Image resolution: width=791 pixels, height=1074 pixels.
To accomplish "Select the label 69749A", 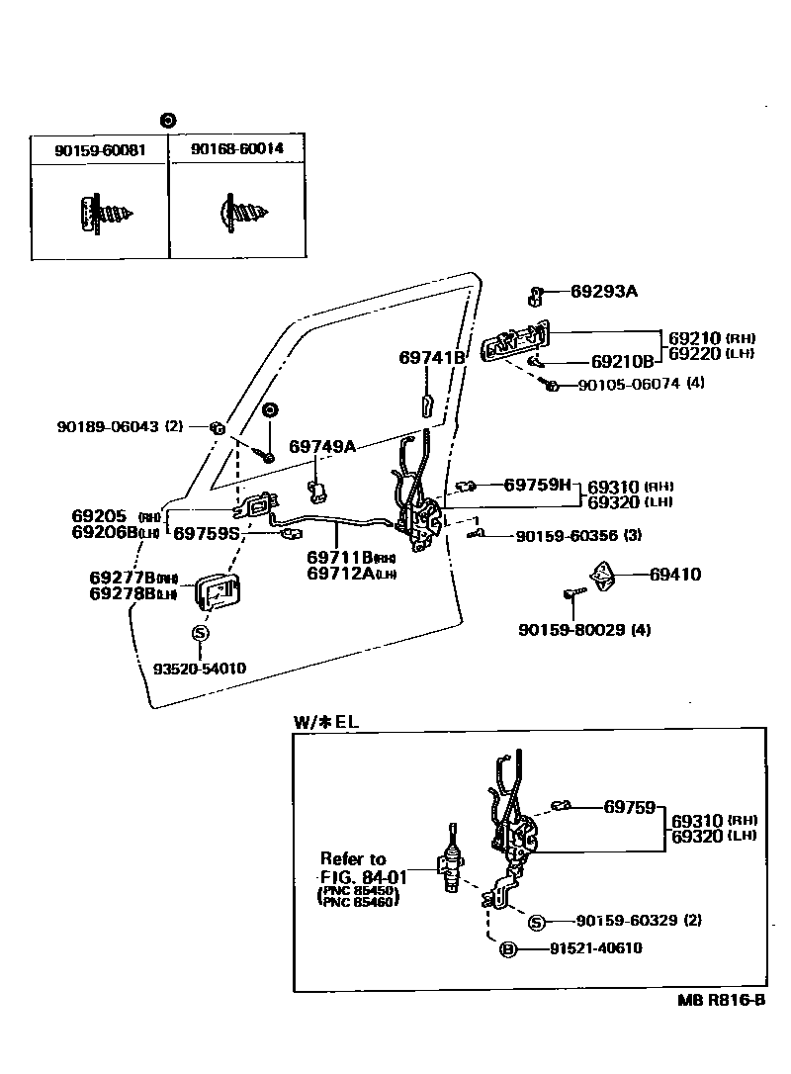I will click(321, 446).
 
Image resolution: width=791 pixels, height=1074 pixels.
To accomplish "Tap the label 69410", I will click(675, 574).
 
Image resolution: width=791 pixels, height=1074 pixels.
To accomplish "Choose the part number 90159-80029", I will click(572, 629).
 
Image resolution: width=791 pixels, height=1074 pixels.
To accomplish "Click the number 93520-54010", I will click(199, 669).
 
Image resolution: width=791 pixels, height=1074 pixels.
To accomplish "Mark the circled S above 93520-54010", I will click(200, 633).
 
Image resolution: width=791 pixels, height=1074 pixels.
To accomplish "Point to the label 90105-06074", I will click(629, 385).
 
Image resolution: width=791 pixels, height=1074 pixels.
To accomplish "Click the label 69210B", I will click(622, 362).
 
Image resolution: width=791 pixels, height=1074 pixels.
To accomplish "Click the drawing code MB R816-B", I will click(721, 1000).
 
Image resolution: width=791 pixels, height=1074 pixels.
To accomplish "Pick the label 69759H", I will click(537, 485).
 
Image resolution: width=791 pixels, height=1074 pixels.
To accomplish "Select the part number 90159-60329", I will click(627, 921).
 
